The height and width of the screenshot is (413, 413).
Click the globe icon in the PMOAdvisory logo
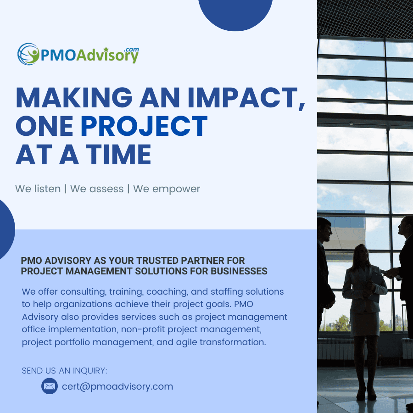[28, 54]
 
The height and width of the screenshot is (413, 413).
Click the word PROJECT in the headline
[144, 126]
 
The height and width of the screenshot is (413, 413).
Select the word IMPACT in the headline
[246, 97]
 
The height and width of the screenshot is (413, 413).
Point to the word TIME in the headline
[118, 155]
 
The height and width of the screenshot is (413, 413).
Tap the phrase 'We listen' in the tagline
[38, 189]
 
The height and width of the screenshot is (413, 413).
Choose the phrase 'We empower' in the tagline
[167, 189]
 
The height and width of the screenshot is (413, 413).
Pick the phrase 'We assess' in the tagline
[97, 189]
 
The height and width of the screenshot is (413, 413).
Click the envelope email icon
[50, 386]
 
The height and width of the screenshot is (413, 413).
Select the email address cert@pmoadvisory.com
[117, 387]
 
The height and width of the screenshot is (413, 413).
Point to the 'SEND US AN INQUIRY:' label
[65, 371]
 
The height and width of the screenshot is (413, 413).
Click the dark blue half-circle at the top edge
[235, 13]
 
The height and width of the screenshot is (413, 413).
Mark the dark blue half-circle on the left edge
[6, 229]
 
